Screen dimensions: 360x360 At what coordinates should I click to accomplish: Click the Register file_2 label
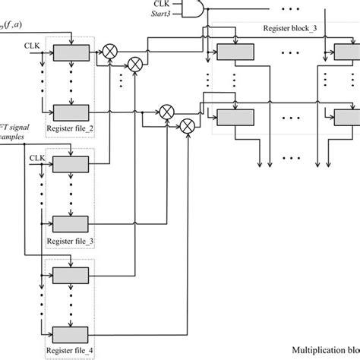(70, 128)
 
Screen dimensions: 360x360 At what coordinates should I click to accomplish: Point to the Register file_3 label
(70, 241)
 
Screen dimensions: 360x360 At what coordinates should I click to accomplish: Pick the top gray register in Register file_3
(71, 165)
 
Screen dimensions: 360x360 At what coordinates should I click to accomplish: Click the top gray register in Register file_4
(71, 275)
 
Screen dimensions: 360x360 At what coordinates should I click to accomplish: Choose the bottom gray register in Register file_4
(71, 333)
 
